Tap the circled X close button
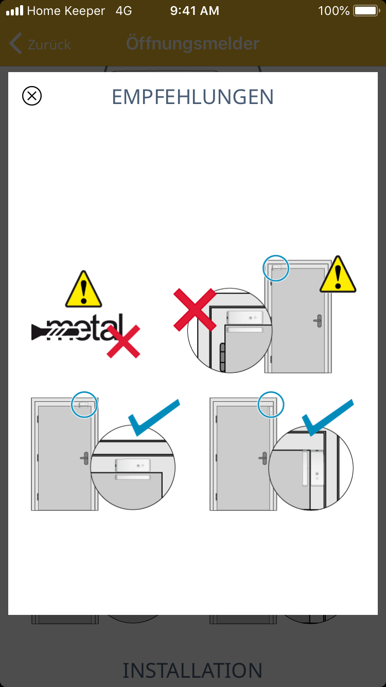pyautogui.click(x=32, y=96)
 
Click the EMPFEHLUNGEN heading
pyautogui.click(x=192, y=97)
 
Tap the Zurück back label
pyautogui.click(x=49, y=45)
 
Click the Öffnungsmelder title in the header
pyautogui.click(x=193, y=43)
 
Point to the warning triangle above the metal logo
pyautogui.click(x=83, y=289)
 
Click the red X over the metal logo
pyautogui.click(x=123, y=341)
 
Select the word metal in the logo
pyautogui.click(x=84, y=328)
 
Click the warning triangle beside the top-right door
pyautogui.click(x=338, y=274)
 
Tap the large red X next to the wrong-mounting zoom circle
pyautogui.click(x=195, y=310)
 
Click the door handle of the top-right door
pyautogui.click(x=318, y=321)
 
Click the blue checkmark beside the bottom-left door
pyautogui.click(x=154, y=418)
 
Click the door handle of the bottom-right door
pyautogui.click(x=263, y=458)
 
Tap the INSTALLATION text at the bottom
pyautogui.click(x=192, y=671)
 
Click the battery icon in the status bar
pyautogui.click(x=366, y=11)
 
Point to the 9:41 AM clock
pyautogui.click(x=195, y=11)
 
